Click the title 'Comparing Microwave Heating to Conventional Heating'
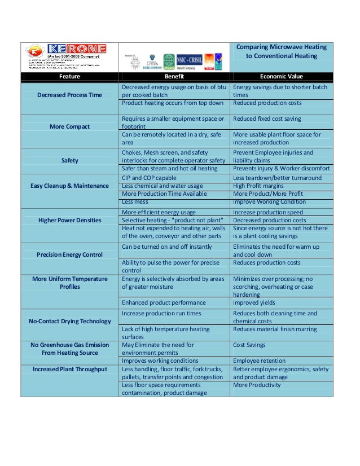click(x=281, y=51)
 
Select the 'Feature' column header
click(x=69, y=76)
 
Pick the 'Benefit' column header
click(x=174, y=76)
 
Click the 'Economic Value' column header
click(x=281, y=76)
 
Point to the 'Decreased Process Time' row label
click(x=69, y=95)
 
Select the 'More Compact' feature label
click(x=69, y=126)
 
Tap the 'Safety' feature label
click(x=69, y=160)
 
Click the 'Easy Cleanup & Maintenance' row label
click(x=69, y=186)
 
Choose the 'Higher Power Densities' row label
click(x=69, y=220)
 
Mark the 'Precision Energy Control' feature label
click(x=69, y=254)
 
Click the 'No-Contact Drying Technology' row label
click(x=69, y=321)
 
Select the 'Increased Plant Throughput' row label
click(x=69, y=369)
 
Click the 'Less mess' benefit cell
click(x=135, y=201)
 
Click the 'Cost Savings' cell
click(x=249, y=345)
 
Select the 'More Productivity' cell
click(x=257, y=385)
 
